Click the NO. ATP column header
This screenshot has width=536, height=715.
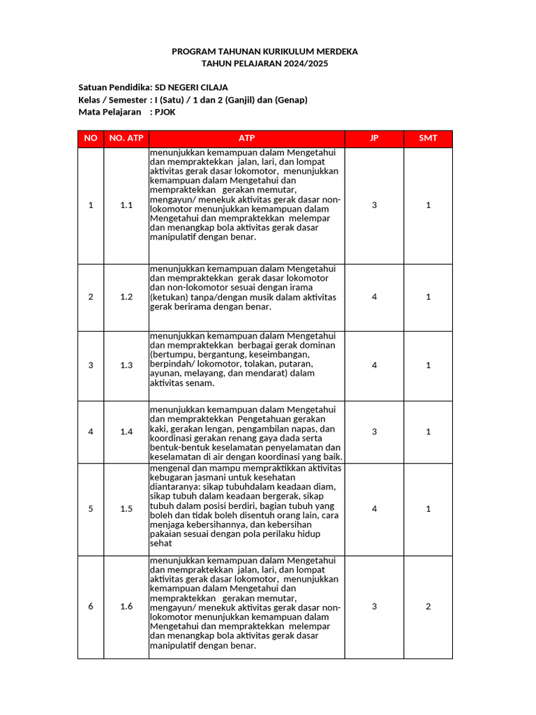[126, 138]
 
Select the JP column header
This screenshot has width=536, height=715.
[374, 138]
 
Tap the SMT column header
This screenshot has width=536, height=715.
[428, 138]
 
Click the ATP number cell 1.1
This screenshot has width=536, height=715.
[126, 205]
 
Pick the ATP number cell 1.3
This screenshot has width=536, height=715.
[126, 365]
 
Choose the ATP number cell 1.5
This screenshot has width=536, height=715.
[126, 509]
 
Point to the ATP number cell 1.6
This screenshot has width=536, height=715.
[126, 607]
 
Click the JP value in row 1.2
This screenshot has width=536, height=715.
[374, 297]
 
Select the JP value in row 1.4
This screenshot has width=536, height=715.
[374, 432]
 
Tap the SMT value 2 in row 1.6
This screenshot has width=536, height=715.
[428, 607]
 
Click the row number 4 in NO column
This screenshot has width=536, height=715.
[91, 432]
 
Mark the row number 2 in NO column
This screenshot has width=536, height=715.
[91, 297]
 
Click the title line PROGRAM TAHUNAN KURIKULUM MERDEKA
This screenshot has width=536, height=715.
[265, 52]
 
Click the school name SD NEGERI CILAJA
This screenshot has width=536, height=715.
[191, 87]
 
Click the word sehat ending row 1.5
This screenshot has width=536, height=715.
[161, 543]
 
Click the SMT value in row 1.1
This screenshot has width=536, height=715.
[428, 205]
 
